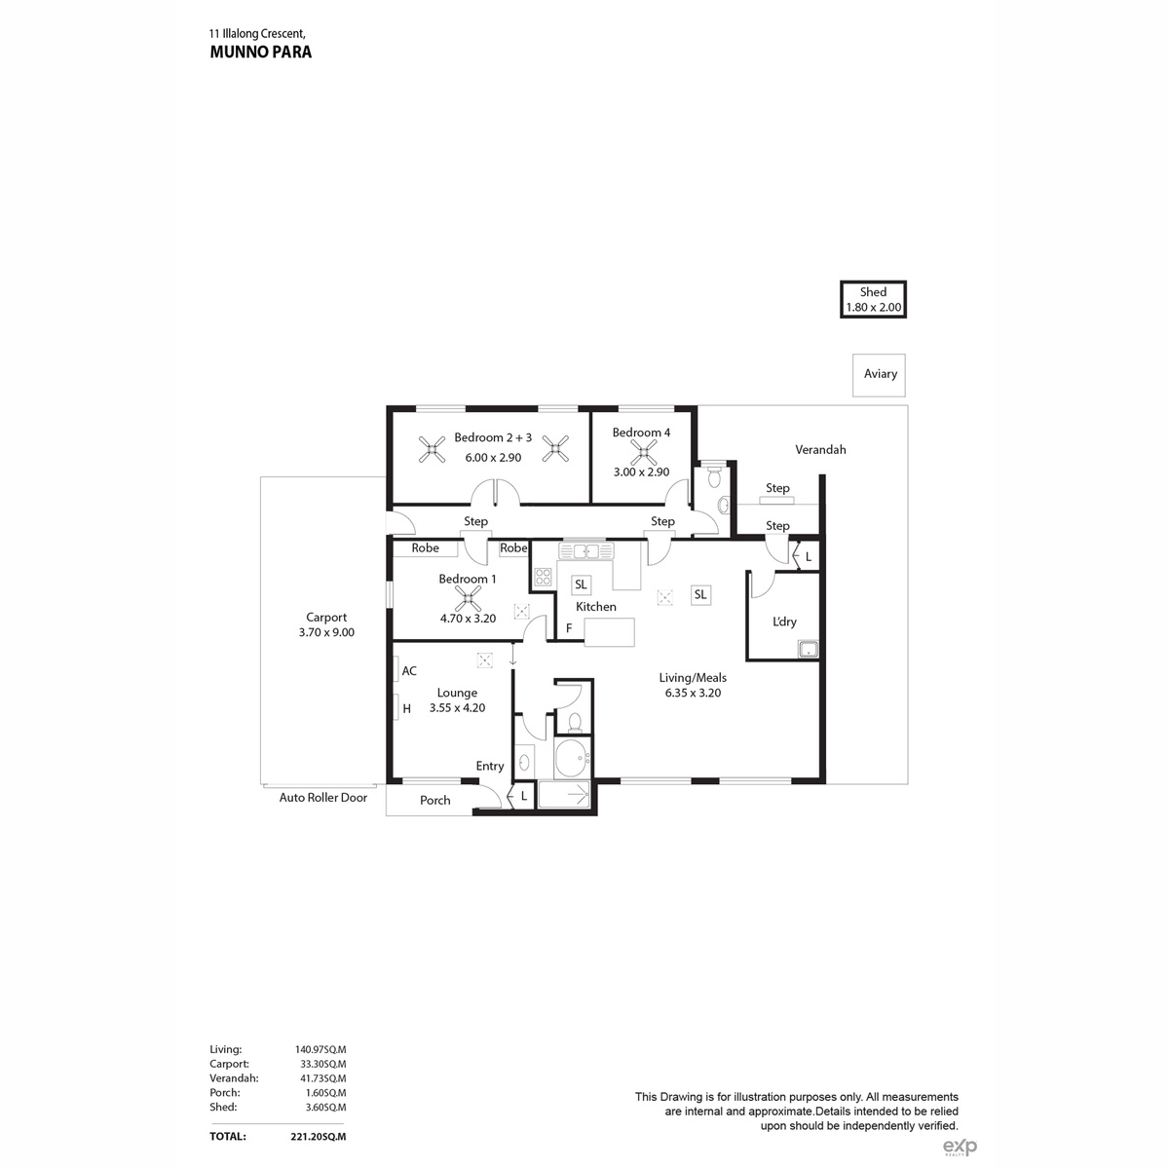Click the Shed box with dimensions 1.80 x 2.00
tap(872, 299)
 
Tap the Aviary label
tap(880, 374)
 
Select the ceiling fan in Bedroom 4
tap(643, 451)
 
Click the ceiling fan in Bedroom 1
tap(468, 598)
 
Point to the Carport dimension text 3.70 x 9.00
tap(326, 632)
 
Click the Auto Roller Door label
tap(322, 798)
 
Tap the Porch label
tap(434, 800)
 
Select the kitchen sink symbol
tap(586, 550)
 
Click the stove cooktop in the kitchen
tap(543, 577)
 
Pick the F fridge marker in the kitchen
tap(569, 628)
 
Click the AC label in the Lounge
tap(409, 671)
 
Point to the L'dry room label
tap(784, 622)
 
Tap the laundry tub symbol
tap(808, 649)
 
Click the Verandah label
tap(820, 449)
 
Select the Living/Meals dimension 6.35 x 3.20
tap(693, 693)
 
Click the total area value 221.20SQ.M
tap(318, 1136)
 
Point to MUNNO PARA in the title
tap(261, 53)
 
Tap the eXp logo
tap(960, 1146)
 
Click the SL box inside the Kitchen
tap(581, 584)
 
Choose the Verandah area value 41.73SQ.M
tap(322, 1078)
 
